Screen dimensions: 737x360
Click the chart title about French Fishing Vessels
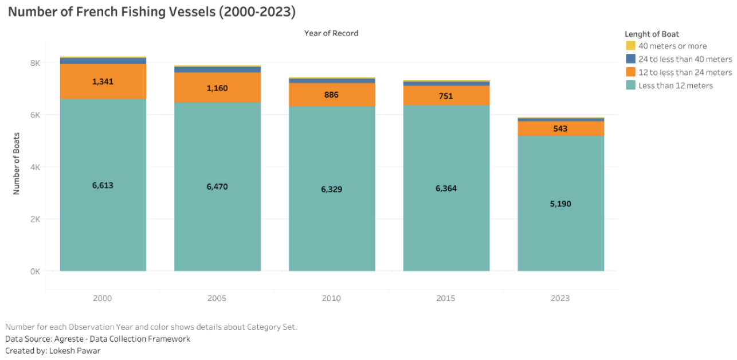tap(152, 12)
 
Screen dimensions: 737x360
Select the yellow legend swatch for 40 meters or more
tap(630, 46)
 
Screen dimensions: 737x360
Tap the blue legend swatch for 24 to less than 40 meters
tap(630, 59)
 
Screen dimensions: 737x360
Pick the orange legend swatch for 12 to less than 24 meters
tap(630, 72)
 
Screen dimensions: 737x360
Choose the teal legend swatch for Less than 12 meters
tap(630, 85)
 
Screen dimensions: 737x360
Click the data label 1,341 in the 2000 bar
tap(103, 81)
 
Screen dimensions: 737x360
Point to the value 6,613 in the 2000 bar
tap(103, 186)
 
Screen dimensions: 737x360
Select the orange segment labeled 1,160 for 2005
tap(217, 88)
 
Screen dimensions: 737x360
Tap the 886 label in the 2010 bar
tap(331, 95)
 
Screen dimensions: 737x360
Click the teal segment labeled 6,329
tap(332, 189)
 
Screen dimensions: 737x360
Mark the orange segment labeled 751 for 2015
tap(446, 95)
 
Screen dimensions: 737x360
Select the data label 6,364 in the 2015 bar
tap(446, 189)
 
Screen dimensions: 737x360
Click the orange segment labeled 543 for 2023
tap(561, 128)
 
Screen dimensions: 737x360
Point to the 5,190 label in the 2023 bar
tap(560, 204)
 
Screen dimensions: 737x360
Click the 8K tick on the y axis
tap(35, 63)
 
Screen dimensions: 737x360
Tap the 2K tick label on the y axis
tap(35, 219)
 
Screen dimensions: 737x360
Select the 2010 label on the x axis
tap(331, 298)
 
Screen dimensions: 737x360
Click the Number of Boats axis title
tap(17, 163)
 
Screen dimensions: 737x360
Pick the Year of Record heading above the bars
tap(331, 33)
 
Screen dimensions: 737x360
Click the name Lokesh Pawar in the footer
tap(75, 351)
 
